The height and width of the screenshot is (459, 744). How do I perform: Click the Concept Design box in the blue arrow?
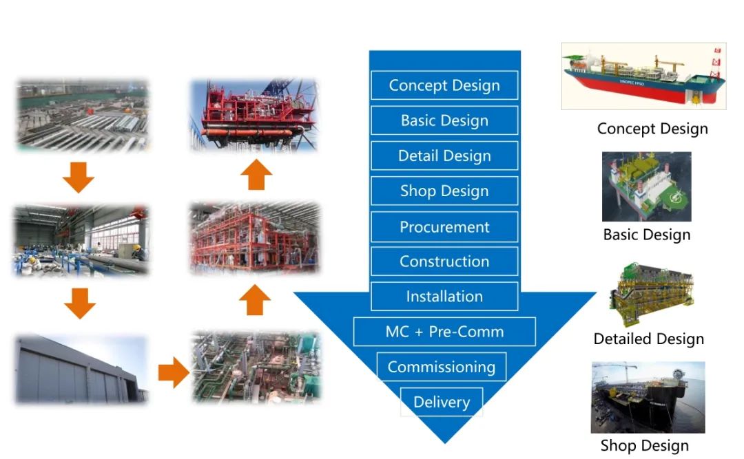coord(444,85)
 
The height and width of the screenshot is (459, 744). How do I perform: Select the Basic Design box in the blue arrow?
coord(444,120)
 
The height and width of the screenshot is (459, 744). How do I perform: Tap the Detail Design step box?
coord(444,156)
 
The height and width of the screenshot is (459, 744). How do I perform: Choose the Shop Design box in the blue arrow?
coord(444,191)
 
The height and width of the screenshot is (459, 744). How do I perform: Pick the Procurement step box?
coord(444,227)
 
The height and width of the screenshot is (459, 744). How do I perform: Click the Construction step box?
coord(444,261)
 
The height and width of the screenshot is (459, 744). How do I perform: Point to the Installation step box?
coord(444,297)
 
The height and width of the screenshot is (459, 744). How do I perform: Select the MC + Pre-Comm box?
coord(444,332)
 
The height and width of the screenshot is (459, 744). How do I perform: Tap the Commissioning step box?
coord(442,367)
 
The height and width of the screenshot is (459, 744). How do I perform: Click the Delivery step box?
coord(442,402)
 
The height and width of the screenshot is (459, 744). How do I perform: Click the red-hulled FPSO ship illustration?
coord(643,76)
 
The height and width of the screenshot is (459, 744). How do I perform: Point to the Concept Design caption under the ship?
coord(652,129)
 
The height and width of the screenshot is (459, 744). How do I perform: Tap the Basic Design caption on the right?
coord(646,235)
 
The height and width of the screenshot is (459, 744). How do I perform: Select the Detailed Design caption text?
coord(648,339)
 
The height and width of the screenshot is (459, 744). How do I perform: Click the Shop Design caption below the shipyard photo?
coord(644,445)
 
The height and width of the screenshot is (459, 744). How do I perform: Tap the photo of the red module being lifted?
coord(254,116)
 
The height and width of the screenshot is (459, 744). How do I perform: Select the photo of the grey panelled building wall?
coord(81,369)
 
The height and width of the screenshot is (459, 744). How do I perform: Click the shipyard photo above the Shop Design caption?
coord(648,397)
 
